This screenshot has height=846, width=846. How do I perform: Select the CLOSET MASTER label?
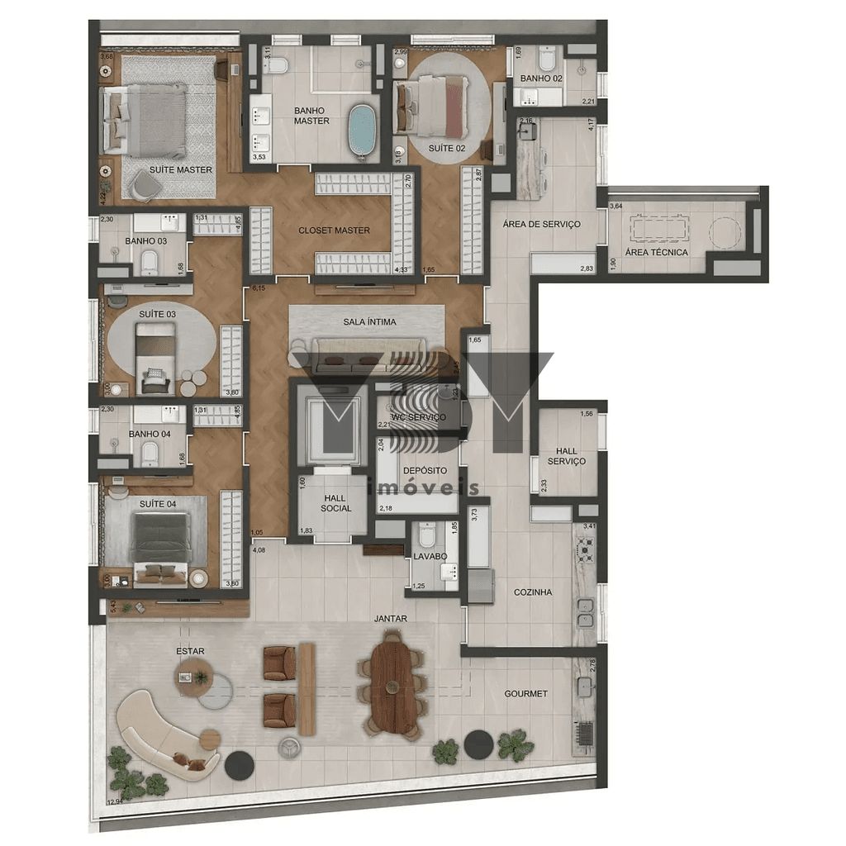click(x=334, y=231)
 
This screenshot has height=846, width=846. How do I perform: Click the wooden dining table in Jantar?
click(x=394, y=682)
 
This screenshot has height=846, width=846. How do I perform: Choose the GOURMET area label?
click(x=525, y=694)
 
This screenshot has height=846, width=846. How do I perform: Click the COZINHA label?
click(x=532, y=592)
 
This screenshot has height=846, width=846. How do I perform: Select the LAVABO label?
click(x=430, y=557)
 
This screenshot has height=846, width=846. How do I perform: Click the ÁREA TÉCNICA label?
click(x=656, y=253)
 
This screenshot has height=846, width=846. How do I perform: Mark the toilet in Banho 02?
click(x=546, y=60)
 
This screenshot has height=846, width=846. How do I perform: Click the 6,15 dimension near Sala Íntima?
click(x=258, y=288)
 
